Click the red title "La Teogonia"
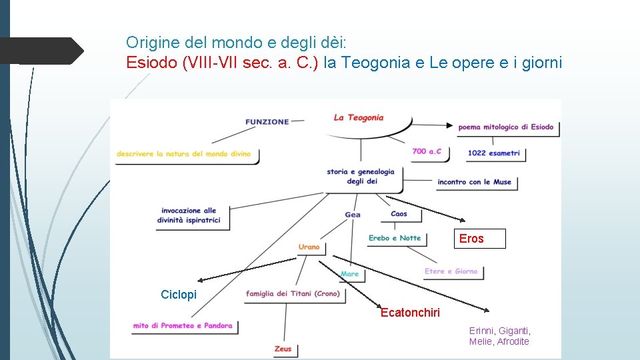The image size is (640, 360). point(359,118)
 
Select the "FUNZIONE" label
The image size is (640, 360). point(267,122)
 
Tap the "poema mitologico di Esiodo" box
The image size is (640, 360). point(506,127)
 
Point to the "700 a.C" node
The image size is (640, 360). point(427,151)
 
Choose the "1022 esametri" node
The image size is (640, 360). point(493,153)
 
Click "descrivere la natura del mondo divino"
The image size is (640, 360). point(183,154)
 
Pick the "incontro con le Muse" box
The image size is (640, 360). point(474,182)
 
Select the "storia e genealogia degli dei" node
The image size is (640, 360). point(361,176)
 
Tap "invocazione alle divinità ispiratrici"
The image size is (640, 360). point(189,215)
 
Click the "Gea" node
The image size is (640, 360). point(353,215)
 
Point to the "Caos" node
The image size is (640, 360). point(399,214)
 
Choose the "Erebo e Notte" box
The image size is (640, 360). point(395,238)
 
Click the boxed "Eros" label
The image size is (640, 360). point(471,239)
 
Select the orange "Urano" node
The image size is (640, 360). point(309,247)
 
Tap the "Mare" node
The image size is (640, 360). point(349,274)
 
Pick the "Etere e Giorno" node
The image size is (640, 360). point(451,271)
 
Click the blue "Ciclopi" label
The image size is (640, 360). point(179,295)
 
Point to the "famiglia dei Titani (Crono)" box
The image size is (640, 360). point(293,294)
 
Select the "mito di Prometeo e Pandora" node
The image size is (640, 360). point(183,326)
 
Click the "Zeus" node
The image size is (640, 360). point(283,349)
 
